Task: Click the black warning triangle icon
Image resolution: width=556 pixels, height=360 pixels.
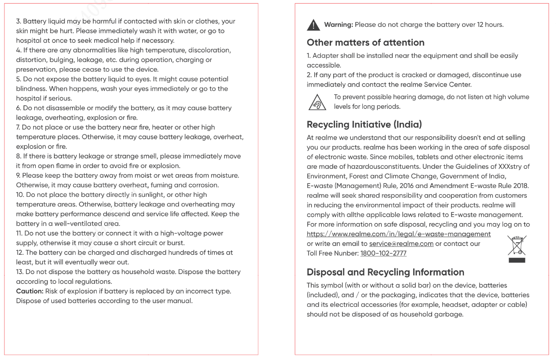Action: click(313, 25)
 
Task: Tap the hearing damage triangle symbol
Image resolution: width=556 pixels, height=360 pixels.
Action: click(317, 103)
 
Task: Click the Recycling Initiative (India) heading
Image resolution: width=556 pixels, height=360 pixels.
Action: click(367, 125)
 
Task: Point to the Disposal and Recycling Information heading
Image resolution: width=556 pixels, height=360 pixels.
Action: click(385, 272)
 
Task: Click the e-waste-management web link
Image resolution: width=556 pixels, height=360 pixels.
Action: click(399, 234)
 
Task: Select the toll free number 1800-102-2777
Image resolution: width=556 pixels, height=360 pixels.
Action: click(383, 253)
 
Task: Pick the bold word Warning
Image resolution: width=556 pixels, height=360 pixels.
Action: click(339, 25)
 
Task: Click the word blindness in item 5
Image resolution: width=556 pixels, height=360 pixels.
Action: click(32, 89)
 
